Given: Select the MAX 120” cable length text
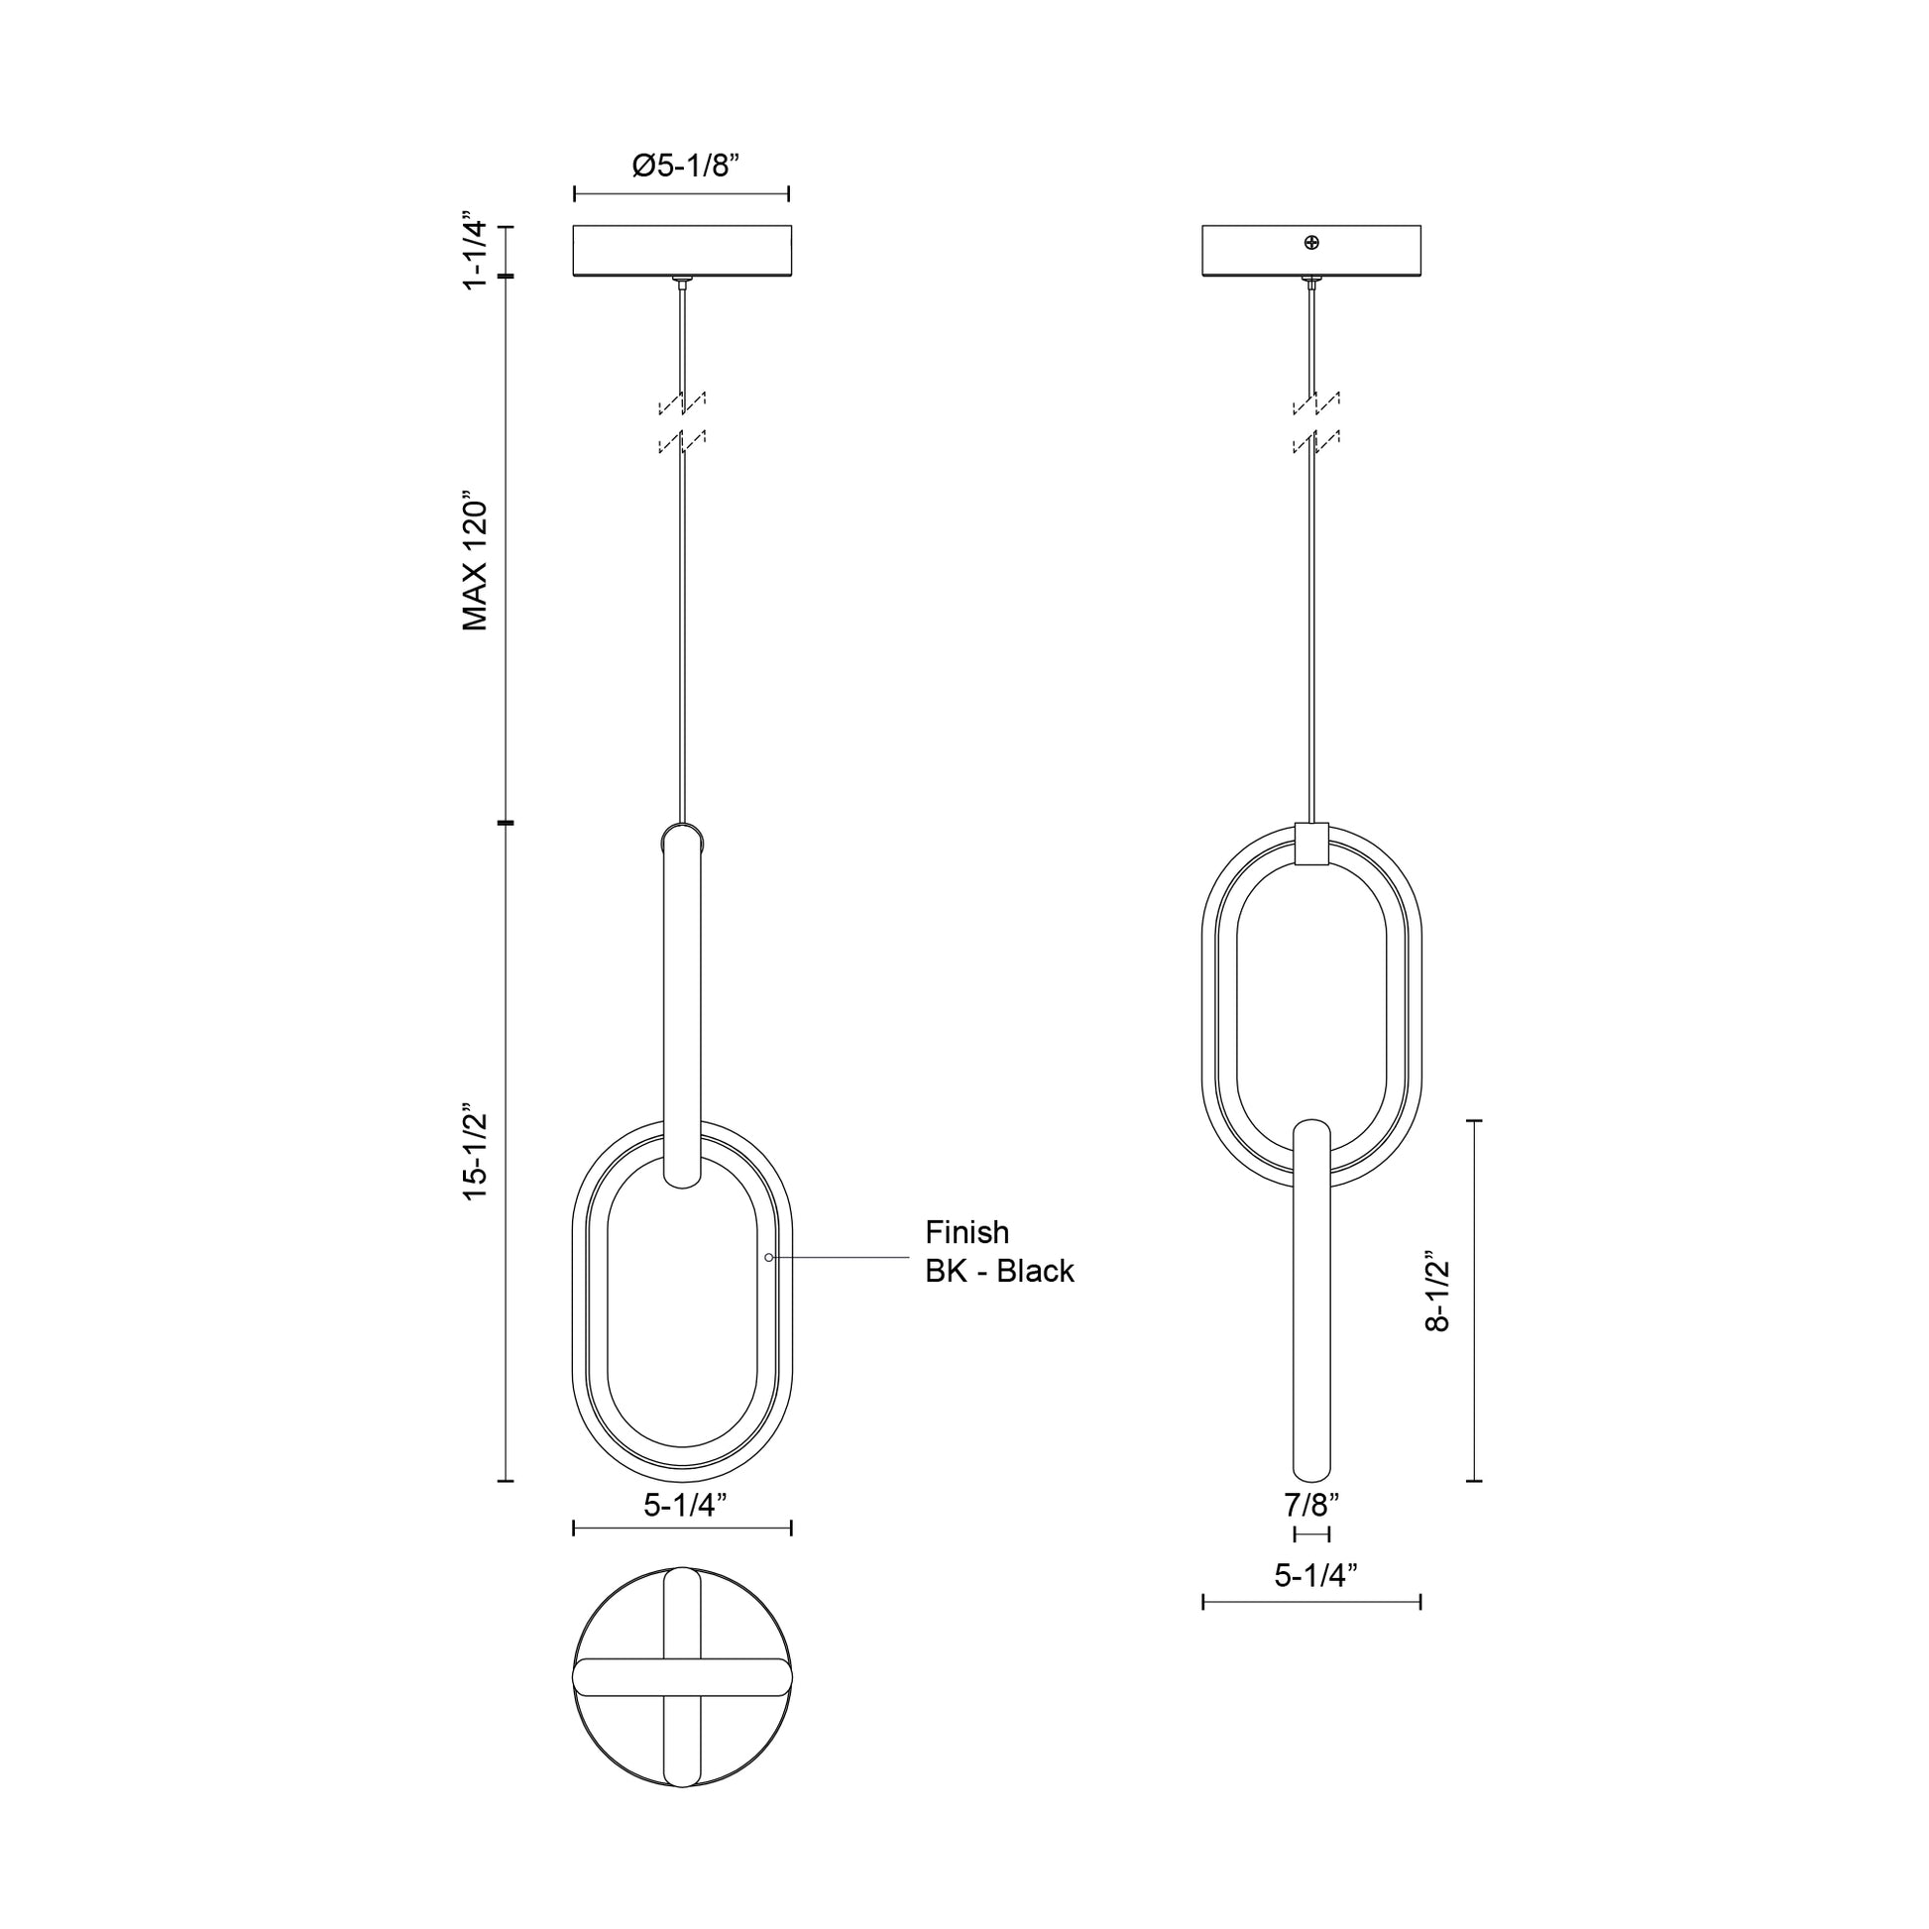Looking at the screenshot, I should coord(475,560).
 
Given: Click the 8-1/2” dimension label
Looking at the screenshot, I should coord(1437,1291).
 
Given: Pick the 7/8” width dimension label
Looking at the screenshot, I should coord(1311,1504).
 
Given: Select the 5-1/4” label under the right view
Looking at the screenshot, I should coord(1315,1575).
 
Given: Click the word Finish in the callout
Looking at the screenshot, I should coord(966,1232).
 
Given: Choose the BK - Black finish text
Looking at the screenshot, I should coord(999,1271).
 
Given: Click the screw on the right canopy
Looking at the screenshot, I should coord(1312,243).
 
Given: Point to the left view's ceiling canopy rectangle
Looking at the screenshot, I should coord(682,251).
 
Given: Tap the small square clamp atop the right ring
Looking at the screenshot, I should coord(1312,844).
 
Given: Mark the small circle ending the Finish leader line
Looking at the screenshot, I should coord(769,1257).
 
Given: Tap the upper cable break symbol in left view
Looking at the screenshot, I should coord(682,402).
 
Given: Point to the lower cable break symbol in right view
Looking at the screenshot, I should coord(1316,441).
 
